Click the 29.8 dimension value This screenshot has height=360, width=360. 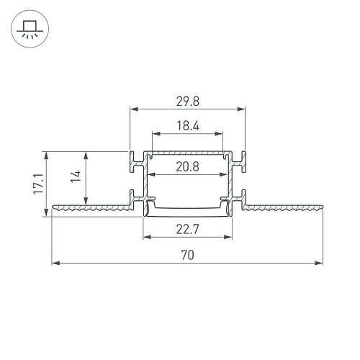(188, 102)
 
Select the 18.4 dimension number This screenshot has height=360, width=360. (188, 126)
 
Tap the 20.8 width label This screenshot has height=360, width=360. (187, 166)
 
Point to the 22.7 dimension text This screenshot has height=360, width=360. (187, 229)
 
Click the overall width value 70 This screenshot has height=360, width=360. (187, 255)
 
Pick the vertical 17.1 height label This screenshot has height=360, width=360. (38, 184)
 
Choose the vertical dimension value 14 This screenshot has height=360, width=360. (76, 176)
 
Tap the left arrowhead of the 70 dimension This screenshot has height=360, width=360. (56, 264)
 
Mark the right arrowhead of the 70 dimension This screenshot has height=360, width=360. (319, 264)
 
